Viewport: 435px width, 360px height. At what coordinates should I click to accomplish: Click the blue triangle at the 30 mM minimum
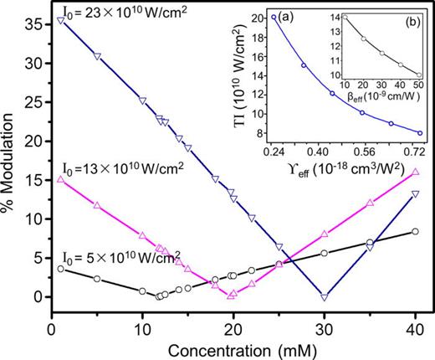[325, 296]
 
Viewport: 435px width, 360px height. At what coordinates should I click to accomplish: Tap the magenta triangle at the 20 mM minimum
[233, 295]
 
